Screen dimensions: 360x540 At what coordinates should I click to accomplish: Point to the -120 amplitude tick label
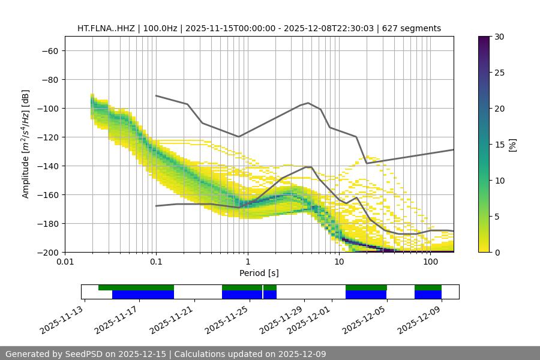click(47, 137)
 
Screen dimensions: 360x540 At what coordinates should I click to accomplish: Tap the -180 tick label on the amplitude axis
click(47, 223)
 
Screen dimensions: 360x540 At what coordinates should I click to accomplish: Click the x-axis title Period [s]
click(259, 273)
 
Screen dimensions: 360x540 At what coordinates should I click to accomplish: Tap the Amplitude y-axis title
click(26, 144)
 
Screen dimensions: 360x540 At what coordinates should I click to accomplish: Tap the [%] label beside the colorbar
click(512, 145)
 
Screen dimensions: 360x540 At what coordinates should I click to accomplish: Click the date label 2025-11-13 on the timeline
click(63, 321)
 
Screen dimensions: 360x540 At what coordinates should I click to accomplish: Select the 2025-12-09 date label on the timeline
click(420, 321)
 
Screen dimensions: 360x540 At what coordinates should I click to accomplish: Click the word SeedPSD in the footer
click(86, 354)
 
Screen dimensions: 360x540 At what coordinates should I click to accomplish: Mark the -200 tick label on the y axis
click(47, 252)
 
